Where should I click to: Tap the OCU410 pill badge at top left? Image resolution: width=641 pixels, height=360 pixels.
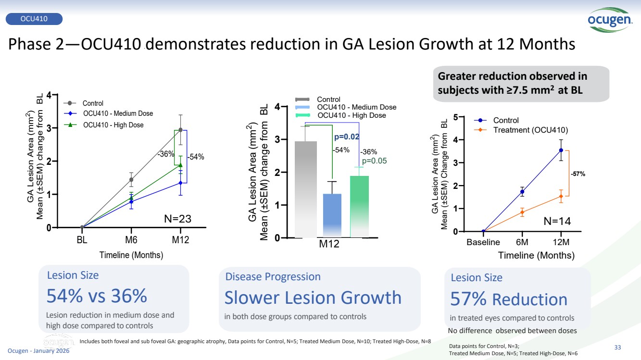point(34,19)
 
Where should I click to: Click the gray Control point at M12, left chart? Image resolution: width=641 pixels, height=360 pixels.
point(180,130)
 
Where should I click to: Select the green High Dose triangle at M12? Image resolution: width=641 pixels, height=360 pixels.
point(180,165)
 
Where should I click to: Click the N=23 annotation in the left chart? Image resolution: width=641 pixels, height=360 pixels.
point(178,219)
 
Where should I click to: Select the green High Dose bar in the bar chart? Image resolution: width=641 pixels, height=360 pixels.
point(359,207)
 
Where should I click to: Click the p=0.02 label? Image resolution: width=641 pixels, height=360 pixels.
point(347,137)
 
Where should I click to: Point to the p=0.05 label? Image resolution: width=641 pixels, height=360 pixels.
point(374,161)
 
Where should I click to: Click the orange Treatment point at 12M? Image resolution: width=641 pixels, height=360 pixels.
point(561,196)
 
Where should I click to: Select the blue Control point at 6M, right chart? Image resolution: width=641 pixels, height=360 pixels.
point(522,192)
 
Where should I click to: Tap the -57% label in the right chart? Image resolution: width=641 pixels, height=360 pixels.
point(578,174)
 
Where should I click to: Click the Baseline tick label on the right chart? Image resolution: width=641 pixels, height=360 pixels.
point(483,242)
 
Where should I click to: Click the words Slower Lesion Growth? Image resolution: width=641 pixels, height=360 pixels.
point(313,298)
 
